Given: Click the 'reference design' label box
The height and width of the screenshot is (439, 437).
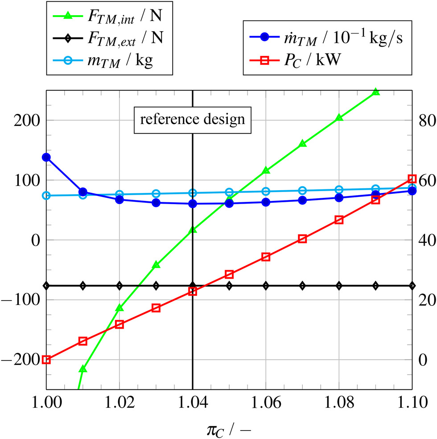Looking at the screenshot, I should point(193,120).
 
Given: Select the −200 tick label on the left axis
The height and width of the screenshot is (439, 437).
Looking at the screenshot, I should point(23,360).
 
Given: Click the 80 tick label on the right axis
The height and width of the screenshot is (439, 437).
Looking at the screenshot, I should point(424,120).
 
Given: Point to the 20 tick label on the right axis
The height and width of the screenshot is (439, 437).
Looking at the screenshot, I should point(424,300).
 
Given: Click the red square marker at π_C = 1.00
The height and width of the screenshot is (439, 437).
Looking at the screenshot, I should point(46,360).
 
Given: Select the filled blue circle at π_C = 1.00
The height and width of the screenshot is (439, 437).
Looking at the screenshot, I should point(46,157).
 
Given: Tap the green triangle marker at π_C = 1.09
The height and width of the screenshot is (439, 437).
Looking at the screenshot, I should point(375,92).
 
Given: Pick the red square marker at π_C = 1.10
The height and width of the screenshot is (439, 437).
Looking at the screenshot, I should point(412,179).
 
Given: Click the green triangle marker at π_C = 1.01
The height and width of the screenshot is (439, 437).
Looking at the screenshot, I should point(83,369).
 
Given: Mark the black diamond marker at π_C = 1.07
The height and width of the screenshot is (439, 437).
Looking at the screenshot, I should point(302,286).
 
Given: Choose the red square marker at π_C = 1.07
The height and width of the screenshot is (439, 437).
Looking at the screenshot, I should point(302,239).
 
